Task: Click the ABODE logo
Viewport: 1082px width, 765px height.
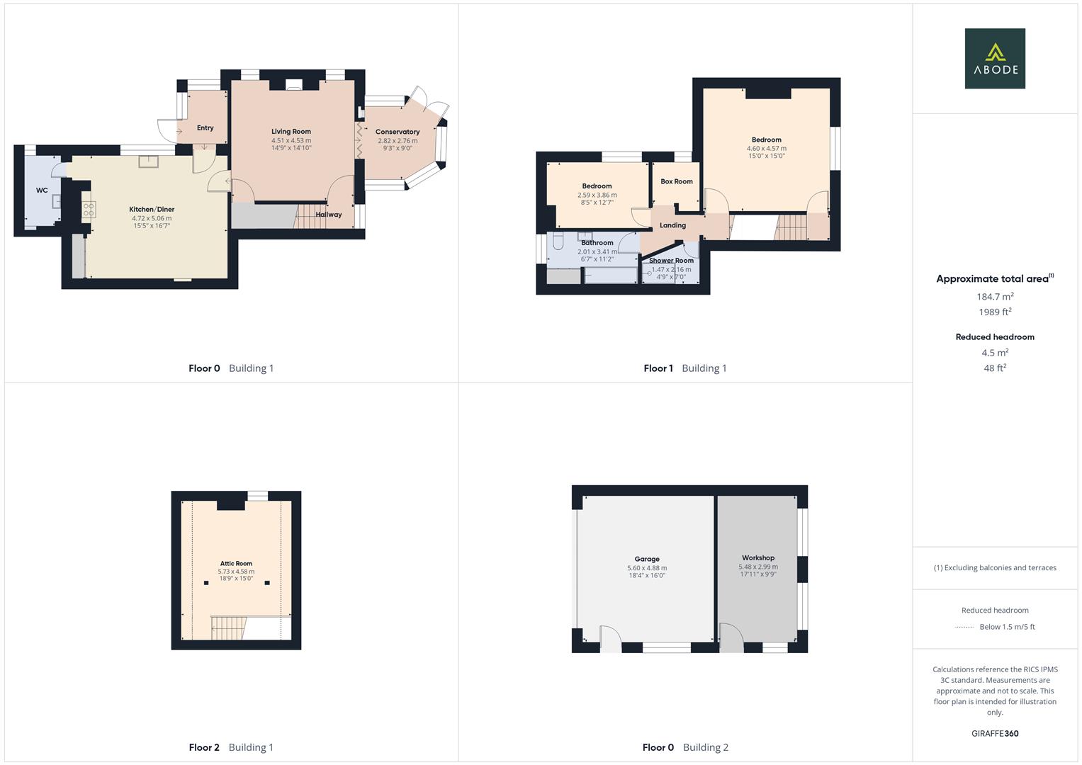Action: (995, 59)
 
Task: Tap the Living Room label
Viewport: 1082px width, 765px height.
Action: (291, 132)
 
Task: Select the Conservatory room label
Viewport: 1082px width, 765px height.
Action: (398, 132)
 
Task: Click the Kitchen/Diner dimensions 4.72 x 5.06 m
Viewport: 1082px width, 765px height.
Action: (152, 218)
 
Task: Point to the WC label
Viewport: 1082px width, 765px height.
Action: (42, 191)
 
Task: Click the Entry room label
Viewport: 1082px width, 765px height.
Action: (205, 128)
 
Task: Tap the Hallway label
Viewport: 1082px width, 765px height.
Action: (329, 215)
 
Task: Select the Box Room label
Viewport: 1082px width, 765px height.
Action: (677, 181)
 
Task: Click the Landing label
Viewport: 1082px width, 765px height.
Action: (672, 225)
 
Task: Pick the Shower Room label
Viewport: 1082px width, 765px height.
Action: (671, 261)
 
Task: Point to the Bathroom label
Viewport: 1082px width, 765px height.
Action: (597, 243)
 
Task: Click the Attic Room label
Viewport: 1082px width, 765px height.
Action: (236, 564)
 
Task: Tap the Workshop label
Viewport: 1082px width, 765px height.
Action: (758, 558)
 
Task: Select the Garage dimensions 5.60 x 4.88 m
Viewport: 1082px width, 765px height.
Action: (647, 568)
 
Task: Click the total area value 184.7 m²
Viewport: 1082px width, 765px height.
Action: (995, 297)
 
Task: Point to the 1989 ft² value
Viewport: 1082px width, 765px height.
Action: (995, 312)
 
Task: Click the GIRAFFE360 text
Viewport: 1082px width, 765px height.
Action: (995, 734)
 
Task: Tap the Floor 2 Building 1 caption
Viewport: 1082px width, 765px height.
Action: (231, 747)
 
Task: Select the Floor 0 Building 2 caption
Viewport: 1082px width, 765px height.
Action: (685, 747)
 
